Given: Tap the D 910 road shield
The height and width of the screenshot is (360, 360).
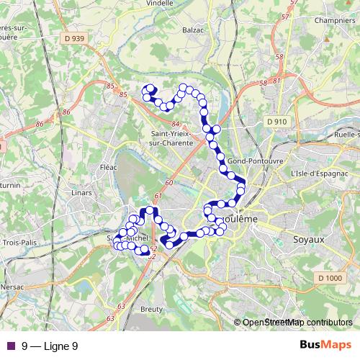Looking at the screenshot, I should [276, 122].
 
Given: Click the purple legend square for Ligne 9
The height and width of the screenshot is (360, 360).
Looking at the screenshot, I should [10, 346].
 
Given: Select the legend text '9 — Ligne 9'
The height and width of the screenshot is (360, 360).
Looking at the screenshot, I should [50, 346].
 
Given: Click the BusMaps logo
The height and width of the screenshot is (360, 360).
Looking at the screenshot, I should [325, 345].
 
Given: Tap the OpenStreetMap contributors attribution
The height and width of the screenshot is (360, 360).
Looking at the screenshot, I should [297, 323].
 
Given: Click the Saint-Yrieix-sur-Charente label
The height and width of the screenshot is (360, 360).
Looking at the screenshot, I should [172, 138].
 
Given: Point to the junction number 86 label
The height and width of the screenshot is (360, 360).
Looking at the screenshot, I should [66, 112].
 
